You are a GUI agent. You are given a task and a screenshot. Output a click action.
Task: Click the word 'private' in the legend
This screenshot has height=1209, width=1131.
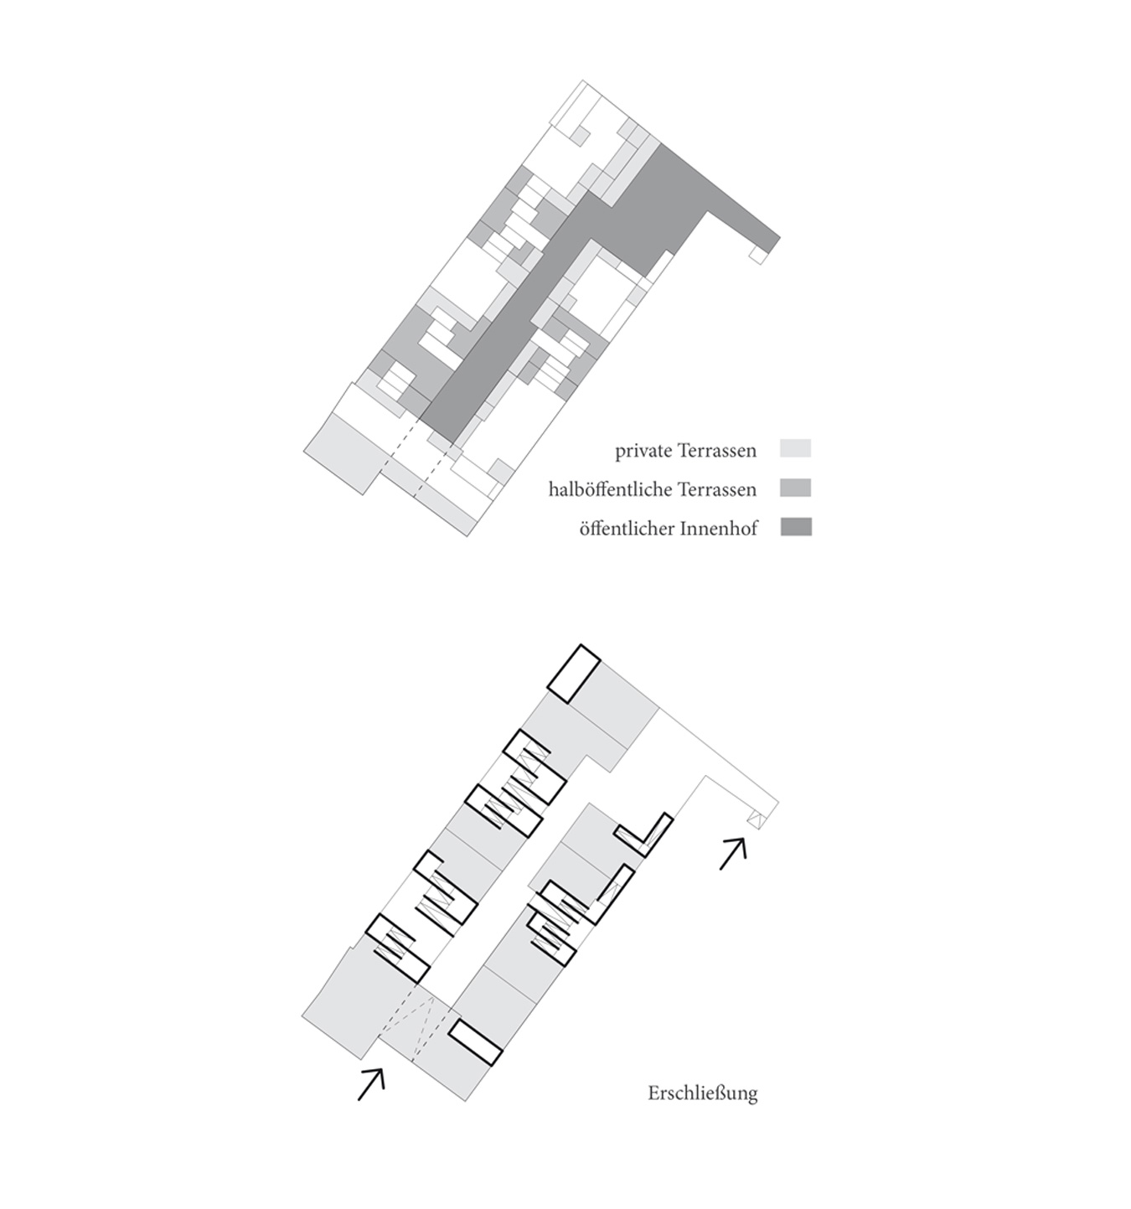640,451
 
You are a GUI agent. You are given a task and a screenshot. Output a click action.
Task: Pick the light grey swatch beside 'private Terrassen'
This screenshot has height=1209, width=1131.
796,448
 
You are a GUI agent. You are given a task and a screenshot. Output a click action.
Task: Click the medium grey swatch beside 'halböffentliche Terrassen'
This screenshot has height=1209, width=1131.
796,488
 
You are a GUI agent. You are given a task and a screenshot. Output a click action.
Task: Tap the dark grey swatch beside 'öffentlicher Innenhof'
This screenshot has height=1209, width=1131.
796,526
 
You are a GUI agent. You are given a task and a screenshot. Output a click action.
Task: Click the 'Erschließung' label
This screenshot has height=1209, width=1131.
702,1093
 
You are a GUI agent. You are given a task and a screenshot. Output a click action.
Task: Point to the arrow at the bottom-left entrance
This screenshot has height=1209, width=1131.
371,1085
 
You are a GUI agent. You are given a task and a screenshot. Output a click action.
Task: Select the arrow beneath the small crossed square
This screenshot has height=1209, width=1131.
733,854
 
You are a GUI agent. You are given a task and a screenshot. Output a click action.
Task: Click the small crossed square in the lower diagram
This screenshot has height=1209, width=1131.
756,819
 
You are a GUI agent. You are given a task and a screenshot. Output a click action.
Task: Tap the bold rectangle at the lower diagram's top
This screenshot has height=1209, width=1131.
574,674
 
